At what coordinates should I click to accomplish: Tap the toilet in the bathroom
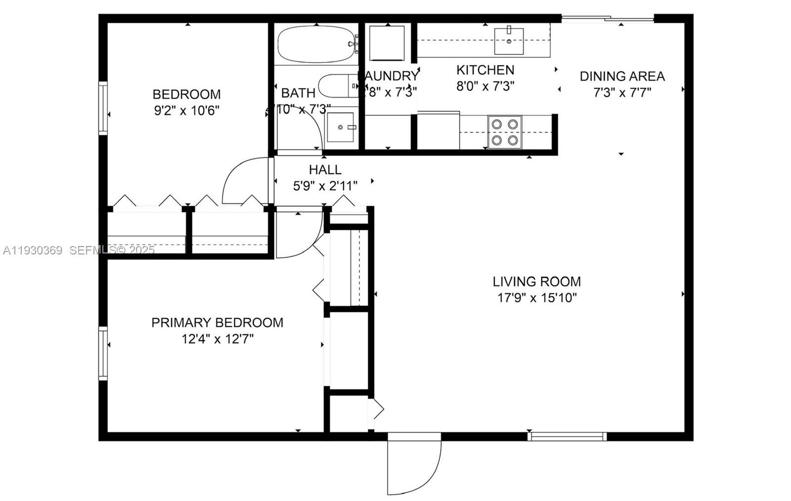pos(336,86)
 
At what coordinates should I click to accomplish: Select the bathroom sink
pos(341,127)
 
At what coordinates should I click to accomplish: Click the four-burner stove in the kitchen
pos(505,132)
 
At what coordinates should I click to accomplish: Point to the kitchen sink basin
pos(509,41)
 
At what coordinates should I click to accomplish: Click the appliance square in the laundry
pos(387,44)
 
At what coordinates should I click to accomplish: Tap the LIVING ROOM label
pos(536,282)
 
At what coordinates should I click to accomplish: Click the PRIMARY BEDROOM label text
pos(217,323)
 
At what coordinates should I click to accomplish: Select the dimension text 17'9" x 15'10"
pos(536,298)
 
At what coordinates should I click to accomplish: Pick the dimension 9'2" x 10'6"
pos(186,110)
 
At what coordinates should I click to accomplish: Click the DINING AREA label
pos(622,76)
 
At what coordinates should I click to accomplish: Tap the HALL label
pos(325,170)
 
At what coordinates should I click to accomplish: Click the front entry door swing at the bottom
pos(413,465)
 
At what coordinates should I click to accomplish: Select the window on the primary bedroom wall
pos(103,353)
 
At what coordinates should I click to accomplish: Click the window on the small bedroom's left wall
pos(103,108)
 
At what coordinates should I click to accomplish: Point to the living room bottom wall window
pos(567,437)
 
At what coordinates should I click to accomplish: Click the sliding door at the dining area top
pos(608,19)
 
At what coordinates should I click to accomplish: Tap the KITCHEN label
pos(485,70)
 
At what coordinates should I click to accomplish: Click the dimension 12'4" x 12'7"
pos(217,339)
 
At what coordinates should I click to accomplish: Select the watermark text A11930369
pos(33,250)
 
